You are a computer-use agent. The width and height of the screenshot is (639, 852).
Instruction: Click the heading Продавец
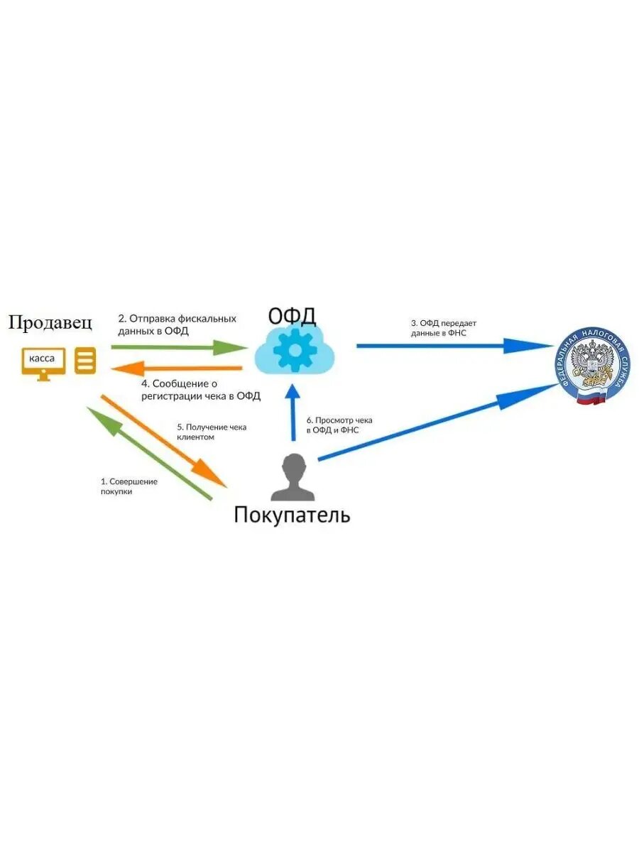tap(50, 323)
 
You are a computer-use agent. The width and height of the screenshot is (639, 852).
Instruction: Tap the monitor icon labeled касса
tap(43, 361)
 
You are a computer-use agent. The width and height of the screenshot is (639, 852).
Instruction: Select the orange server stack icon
tap(85, 361)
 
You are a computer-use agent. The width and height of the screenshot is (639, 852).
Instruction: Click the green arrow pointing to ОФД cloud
tap(177, 347)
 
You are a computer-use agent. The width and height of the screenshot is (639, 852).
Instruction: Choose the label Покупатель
tap(292, 515)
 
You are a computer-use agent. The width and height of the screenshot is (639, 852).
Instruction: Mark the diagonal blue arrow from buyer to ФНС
tap(437, 423)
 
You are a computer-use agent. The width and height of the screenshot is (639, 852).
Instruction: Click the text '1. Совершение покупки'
tap(129, 486)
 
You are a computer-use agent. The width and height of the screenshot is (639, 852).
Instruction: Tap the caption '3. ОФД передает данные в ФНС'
tap(438, 327)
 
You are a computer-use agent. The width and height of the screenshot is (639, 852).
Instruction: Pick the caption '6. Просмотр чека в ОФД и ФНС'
tap(339, 425)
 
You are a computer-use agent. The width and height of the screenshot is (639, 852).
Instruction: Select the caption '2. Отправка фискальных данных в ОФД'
tap(177, 324)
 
